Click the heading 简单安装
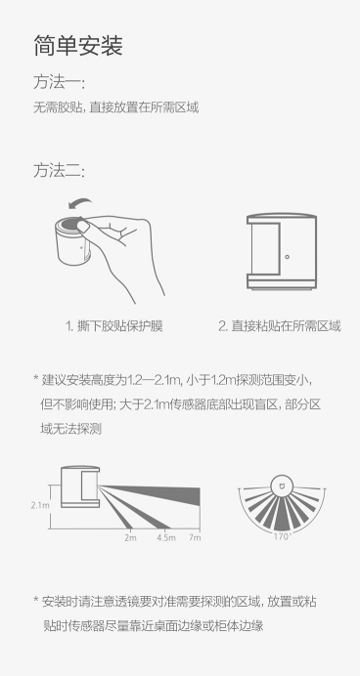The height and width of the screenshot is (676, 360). pyautogui.click(x=78, y=46)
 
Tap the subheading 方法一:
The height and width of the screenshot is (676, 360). pyautogui.click(x=59, y=82)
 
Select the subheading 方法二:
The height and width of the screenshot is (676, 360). pyautogui.click(x=59, y=171)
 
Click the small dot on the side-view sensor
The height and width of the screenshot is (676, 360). pyautogui.click(x=287, y=257)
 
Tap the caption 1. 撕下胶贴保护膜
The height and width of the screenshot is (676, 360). pyautogui.click(x=113, y=326)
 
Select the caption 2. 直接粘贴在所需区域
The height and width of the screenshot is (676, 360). pyautogui.click(x=279, y=326)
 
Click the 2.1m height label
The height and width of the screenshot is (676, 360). pyautogui.click(x=40, y=505)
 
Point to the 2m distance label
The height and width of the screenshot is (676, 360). pyautogui.click(x=130, y=537)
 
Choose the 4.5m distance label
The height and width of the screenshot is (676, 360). pyautogui.click(x=166, y=537)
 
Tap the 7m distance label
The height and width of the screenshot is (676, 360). pyautogui.click(x=195, y=537)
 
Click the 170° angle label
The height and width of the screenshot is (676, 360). pyautogui.click(x=283, y=536)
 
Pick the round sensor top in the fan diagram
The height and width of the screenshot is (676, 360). pyautogui.click(x=282, y=485)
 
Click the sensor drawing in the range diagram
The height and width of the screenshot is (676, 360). pyautogui.click(x=80, y=487)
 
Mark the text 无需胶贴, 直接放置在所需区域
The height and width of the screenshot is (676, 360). pyautogui.click(x=116, y=107)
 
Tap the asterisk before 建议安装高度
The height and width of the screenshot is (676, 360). pyautogui.click(x=36, y=378)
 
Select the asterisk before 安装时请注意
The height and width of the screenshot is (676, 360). pyautogui.click(x=36, y=600)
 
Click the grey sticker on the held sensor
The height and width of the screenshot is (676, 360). pyautogui.click(x=69, y=225)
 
